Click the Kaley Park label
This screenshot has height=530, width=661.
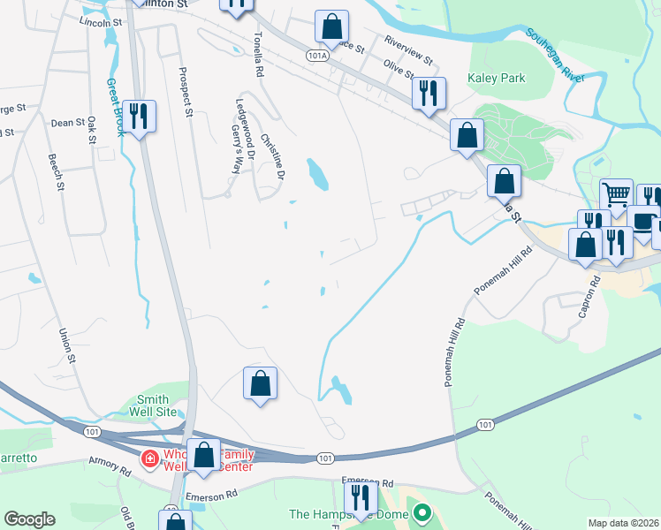tap(497, 79)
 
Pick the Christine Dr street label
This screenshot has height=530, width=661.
tap(274, 157)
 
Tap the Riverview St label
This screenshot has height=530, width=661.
tap(408, 49)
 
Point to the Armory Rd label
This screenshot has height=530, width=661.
tap(110, 466)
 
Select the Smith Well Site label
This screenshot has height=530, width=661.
tap(158, 405)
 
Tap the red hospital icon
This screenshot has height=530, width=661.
tap(150, 458)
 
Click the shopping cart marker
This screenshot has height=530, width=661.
tap(616, 193)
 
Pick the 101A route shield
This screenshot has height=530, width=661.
tap(318, 55)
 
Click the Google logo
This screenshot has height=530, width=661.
tap(29, 519)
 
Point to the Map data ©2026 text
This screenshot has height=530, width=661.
tap(623, 523)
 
